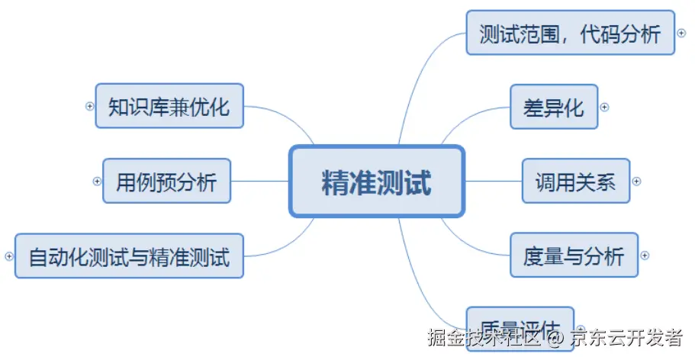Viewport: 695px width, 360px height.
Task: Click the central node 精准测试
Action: point(377,182)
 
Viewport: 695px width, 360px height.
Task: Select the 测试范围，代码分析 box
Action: point(570,33)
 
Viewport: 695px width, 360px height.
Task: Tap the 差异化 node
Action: point(553,107)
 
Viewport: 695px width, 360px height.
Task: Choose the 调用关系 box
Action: point(575,182)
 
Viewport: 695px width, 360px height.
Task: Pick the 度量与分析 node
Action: point(573,255)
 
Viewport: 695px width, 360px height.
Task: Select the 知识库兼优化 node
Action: point(169,106)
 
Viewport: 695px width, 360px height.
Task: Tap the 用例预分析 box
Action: point(166,182)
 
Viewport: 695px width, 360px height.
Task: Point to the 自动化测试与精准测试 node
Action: point(129,256)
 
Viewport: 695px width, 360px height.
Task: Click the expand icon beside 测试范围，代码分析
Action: point(681,33)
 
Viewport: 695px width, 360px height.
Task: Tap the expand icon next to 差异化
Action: point(604,107)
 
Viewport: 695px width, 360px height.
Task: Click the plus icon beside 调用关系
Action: point(636,182)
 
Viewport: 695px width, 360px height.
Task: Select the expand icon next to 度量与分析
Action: point(645,256)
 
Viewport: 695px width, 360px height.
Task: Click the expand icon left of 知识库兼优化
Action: point(89,106)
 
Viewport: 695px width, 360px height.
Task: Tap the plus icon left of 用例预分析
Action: point(97,182)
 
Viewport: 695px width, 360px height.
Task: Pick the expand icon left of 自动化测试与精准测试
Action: point(9,256)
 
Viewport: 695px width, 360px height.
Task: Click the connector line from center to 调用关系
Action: point(493,182)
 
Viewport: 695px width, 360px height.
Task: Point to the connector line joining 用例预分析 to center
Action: point(259,182)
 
